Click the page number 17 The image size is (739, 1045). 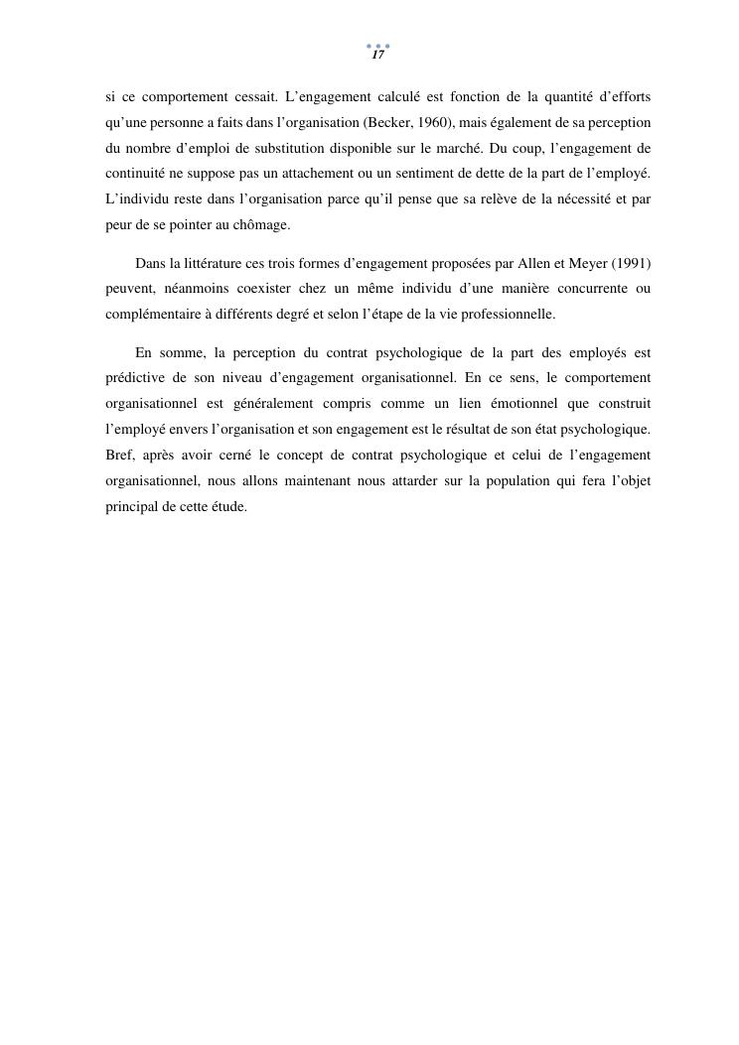[377, 56]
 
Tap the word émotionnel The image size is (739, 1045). [509, 404]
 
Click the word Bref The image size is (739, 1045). [119, 455]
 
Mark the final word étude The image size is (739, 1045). [227, 506]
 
